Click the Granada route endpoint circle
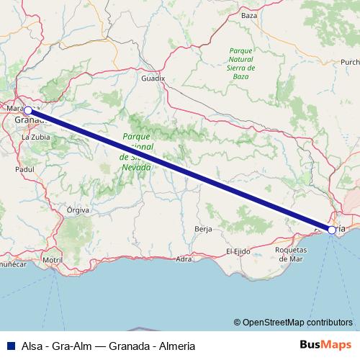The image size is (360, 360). click(x=27, y=111)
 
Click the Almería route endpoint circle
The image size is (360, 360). click(x=331, y=230)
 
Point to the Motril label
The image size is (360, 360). click(x=53, y=259)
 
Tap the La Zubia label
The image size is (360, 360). click(x=35, y=136)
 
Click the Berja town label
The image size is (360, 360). click(x=203, y=229)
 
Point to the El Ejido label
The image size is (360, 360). click(x=238, y=251)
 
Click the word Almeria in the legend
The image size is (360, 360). click(x=173, y=345)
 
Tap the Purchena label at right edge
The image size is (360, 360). click(x=351, y=62)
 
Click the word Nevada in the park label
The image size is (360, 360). click(x=136, y=167)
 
